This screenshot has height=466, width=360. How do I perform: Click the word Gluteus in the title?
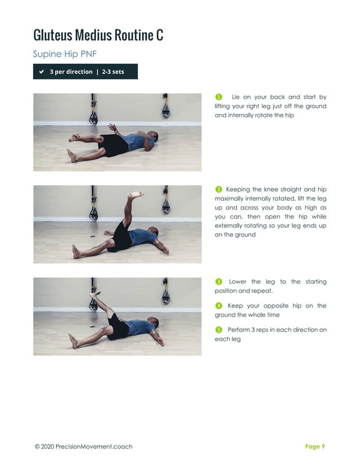click(x=52, y=35)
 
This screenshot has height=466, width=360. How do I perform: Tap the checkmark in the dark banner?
click(x=42, y=72)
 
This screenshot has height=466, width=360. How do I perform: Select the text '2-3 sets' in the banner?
click(x=113, y=72)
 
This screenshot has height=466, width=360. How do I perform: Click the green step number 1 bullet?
click(x=219, y=97)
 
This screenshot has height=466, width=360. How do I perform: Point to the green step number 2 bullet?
click(x=219, y=189)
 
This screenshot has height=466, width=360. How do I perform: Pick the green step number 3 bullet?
click(x=219, y=282)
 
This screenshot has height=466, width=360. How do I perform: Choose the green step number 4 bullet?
click(x=219, y=306)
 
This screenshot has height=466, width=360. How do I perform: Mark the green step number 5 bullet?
click(x=219, y=329)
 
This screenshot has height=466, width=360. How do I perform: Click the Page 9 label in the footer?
click(x=315, y=446)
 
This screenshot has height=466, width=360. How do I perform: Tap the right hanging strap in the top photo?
click(x=166, y=108)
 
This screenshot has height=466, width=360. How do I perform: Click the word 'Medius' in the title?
click(x=96, y=35)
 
